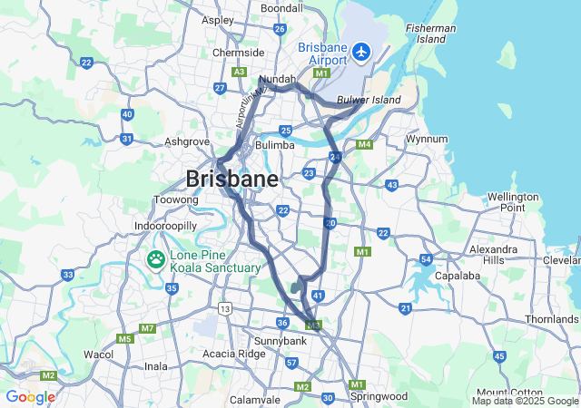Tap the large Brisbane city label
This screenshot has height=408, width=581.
pyautogui.click(x=231, y=179)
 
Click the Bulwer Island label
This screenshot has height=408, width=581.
pyautogui.click(x=369, y=100)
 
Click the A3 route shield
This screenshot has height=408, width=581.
pyautogui.click(x=240, y=71)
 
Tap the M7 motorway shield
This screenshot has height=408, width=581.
pyautogui.click(x=147, y=327)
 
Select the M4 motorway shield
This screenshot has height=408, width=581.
pyautogui.click(x=365, y=144)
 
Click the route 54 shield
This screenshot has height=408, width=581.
pyautogui.click(x=426, y=260)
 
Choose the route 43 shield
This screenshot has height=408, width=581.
pyautogui.click(x=391, y=185)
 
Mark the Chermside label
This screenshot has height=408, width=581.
pyautogui.click(x=238, y=53)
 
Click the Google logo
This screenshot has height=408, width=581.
pyautogui.click(x=30, y=397)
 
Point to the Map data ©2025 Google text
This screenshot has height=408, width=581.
pyautogui.click(x=524, y=401)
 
